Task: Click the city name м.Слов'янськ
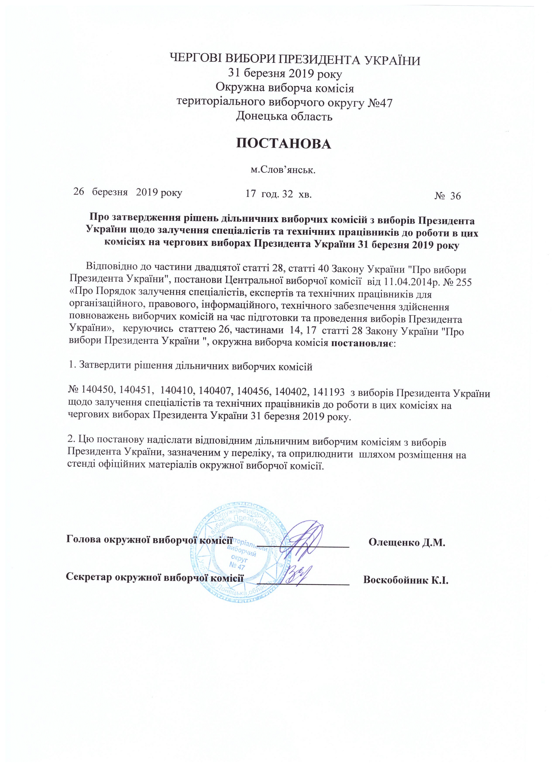282,170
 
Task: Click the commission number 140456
253,393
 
